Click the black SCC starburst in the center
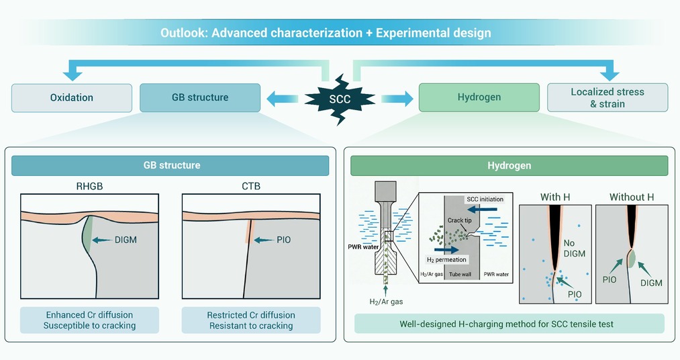[x=340, y=99]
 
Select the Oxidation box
[x=72, y=97]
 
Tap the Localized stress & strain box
[x=608, y=97]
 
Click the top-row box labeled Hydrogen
[x=479, y=97]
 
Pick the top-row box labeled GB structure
[x=200, y=97]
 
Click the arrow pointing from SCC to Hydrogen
[x=397, y=99]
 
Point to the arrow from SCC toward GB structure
[x=283, y=99]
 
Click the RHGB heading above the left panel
[x=90, y=186]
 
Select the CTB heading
[x=251, y=186]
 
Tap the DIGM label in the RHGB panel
[x=126, y=240]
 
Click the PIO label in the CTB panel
[x=284, y=240]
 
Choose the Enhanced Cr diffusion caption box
[x=89, y=320]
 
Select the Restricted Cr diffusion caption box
[x=251, y=320]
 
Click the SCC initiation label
[x=485, y=199]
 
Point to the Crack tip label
[x=460, y=220]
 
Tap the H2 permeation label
[x=446, y=260]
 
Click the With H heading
[x=555, y=197]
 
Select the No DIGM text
[x=575, y=248]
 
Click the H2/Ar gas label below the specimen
[x=386, y=302]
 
